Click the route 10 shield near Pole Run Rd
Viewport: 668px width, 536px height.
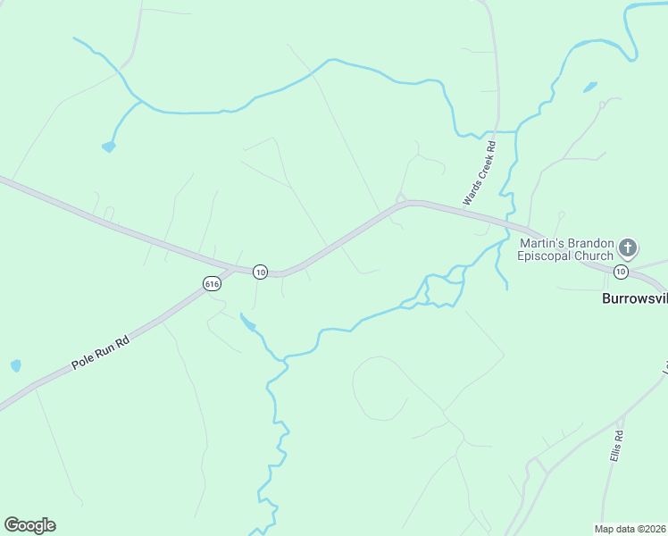(x=260, y=271)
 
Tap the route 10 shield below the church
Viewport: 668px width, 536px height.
(x=622, y=270)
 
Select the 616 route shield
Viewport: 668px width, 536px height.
(x=212, y=283)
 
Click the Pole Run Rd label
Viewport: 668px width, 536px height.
(x=101, y=353)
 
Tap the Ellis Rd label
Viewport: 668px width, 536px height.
(x=616, y=445)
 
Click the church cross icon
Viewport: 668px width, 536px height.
(x=629, y=247)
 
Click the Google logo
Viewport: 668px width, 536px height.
(x=29, y=525)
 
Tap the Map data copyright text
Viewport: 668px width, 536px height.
(x=630, y=528)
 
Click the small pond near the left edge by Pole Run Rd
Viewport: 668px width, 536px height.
(x=15, y=365)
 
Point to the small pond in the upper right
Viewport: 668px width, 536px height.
(x=589, y=88)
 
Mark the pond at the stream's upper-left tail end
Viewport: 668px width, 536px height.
(x=109, y=147)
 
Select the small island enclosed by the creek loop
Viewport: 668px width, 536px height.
(x=444, y=289)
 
